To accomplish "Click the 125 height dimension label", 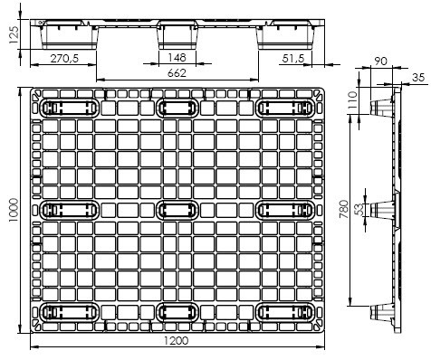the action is coord(14,34).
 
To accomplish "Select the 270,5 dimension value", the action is coord(64,58).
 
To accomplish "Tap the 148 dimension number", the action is coord(177,57).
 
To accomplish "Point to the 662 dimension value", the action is coord(177,73).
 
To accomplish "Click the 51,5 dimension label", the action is coord(293,59).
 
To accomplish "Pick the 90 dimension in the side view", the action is coord(380,62).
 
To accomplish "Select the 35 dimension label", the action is coord(418,78).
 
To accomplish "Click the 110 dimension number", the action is coord(352,100).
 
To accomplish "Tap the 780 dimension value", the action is coord(344,209).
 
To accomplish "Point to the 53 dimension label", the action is coord(359,210).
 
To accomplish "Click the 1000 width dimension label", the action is coord(14,210).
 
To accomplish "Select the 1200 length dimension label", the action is coord(177,341).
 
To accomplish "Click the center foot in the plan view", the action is coord(177,210).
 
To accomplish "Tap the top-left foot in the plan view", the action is coord(70,108).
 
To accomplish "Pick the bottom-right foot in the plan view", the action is coord(285,312).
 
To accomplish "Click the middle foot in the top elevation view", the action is coord(177,34).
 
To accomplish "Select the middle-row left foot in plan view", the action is coord(70,210).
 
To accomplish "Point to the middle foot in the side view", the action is coord(383,209).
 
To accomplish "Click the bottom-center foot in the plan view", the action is coord(177,312).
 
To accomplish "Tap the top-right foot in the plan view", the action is coord(285,108).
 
